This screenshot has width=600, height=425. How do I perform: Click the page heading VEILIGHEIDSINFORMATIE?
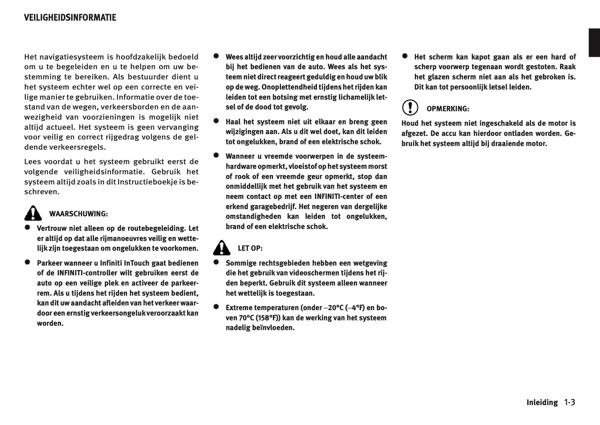pyautogui.click(x=70, y=18)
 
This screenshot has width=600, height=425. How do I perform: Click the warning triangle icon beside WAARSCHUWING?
pyautogui.click(x=33, y=213)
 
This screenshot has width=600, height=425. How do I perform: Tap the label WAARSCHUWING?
pyautogui.click(x=78, y=214)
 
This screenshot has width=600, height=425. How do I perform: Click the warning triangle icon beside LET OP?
pyautogui.click(x=222, y=248)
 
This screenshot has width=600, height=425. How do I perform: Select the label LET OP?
pyautogui.click(x=250, y=248)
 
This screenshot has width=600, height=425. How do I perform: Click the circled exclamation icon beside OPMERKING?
pyautogui.click(x=410, y=107)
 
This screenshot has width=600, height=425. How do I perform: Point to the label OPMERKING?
pyautogui.click(x=448, y=109)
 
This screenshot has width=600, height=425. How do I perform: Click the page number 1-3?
pyautogui.click(x=569, y=402)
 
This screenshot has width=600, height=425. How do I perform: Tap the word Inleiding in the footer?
pyautogui.click(x=542, y=403)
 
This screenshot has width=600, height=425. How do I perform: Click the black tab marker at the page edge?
pyautogui.click(x=594, y=43)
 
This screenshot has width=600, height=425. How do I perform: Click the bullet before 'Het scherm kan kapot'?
pyautogui.click(x=405, y=56)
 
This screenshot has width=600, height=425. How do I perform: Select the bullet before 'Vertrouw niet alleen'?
pyautogui.click(x=27, y=227)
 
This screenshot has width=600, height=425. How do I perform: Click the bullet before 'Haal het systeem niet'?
pyautogui.click(x=216, y=121)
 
